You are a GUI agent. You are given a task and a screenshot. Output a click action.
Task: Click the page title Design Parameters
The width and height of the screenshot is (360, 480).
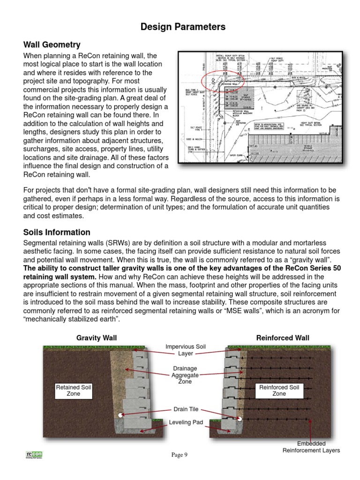(183, 27)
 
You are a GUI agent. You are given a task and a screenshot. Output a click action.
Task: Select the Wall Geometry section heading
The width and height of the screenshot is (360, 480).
(52, 45)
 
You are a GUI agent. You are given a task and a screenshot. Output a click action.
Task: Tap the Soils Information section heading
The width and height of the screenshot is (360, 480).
(57, 232)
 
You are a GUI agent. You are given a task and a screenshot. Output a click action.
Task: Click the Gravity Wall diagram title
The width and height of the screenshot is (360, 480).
(97, 337)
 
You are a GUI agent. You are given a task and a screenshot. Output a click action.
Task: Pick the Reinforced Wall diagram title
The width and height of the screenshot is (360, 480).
(283, 337)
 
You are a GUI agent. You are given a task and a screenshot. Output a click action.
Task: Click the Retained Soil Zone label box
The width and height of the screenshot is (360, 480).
(74, 390)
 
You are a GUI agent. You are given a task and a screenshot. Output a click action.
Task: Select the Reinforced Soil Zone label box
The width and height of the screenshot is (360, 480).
(279, 390)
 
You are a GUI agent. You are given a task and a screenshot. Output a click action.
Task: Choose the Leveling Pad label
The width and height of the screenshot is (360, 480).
(186, 422)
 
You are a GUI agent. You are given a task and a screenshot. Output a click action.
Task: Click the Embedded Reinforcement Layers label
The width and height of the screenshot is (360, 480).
(311, 447)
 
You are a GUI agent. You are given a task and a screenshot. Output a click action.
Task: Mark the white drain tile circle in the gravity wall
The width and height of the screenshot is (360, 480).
(121, 415)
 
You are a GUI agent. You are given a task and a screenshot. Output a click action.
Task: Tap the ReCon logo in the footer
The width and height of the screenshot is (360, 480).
(34, 454)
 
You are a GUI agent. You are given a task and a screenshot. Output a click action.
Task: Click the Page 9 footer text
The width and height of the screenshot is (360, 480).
(179, 455)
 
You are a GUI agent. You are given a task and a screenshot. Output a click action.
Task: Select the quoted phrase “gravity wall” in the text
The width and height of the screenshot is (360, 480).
(314, 259)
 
